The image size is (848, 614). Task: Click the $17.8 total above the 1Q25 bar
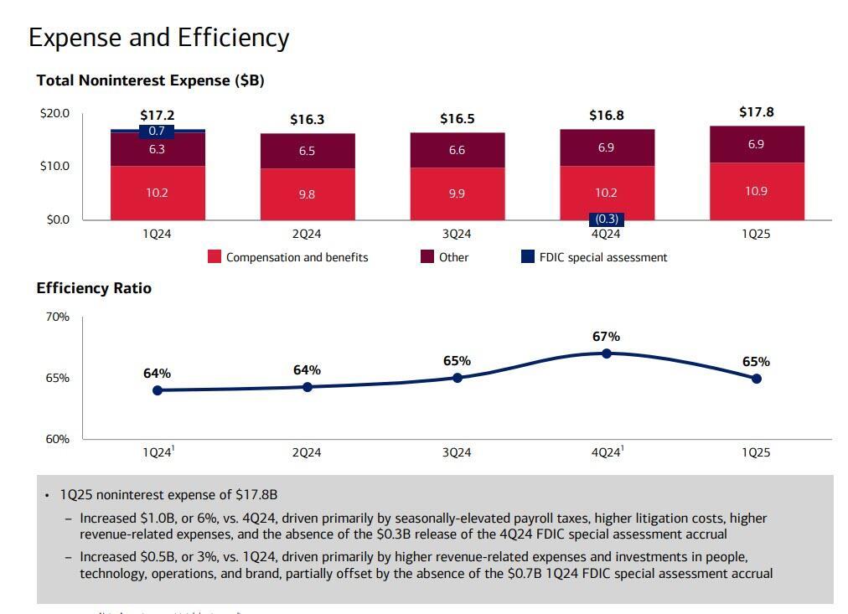(x=756, y=112)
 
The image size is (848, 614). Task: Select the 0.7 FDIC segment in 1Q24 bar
(x=157, y=132)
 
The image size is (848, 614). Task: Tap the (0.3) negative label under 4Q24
(x=606, y=219)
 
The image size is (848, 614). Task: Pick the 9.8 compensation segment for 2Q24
(x=307, y=194)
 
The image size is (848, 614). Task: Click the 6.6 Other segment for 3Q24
(x=457, y=151)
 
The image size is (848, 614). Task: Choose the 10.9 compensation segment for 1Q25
(x=756, y=191)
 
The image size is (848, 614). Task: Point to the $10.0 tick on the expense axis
(x=54, y=166)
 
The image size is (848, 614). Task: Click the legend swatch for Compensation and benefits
(x=215, y=257)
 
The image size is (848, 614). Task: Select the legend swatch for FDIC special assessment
(x=527, y=257)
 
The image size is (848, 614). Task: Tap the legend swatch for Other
(x=427, y=257)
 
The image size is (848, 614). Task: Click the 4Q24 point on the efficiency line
(x=607, y=353)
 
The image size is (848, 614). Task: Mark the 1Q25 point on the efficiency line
(x=756, y=379)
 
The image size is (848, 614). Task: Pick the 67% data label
(x=606, y=337)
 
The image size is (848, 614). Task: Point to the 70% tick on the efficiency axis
(x=57, y=317)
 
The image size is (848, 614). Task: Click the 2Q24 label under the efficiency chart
(x=307, y=452)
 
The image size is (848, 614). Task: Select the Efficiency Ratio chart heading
(x=94, y=288)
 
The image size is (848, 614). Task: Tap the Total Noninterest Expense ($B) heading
(x=150, y=80)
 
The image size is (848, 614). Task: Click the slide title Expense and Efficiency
(x=158, y=38)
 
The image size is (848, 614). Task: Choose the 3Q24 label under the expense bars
(x=457, y=235)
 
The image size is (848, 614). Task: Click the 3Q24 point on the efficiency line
(x=457, y=378)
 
